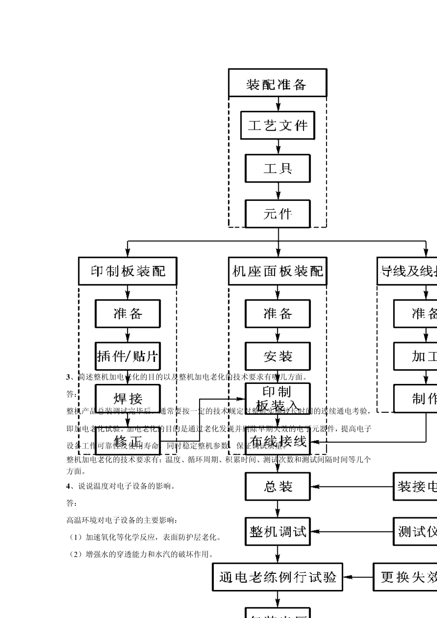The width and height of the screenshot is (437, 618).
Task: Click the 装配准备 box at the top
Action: [x=277, y=83]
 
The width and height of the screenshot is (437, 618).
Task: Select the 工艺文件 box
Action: [x=277, y=125]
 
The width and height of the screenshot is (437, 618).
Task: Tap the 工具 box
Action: [x=277, y=168]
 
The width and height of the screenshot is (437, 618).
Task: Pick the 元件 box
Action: [x=277, y=213]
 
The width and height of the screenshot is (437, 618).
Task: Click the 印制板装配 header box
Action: [x=127, y=271]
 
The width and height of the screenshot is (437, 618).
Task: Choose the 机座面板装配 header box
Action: [x=277, y=271]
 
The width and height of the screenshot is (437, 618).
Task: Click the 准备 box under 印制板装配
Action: [x=127, y=314]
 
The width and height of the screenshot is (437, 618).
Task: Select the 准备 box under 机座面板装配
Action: [x=277, y=314]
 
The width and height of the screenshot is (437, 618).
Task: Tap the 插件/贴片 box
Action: [x=127, y=356]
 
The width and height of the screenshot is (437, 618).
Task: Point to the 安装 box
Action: [x=277, y=356]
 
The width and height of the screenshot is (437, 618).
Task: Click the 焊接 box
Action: [x=127, y=398]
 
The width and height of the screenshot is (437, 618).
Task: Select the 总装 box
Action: [x=277, y=486]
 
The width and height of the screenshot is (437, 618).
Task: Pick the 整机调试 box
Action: [x=277, y=532]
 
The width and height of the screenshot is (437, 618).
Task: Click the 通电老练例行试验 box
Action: [x=277, y=577]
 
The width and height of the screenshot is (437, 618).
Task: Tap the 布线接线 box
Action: [x=277, y=441]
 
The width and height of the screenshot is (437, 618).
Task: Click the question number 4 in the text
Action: [x=69, y=486]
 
